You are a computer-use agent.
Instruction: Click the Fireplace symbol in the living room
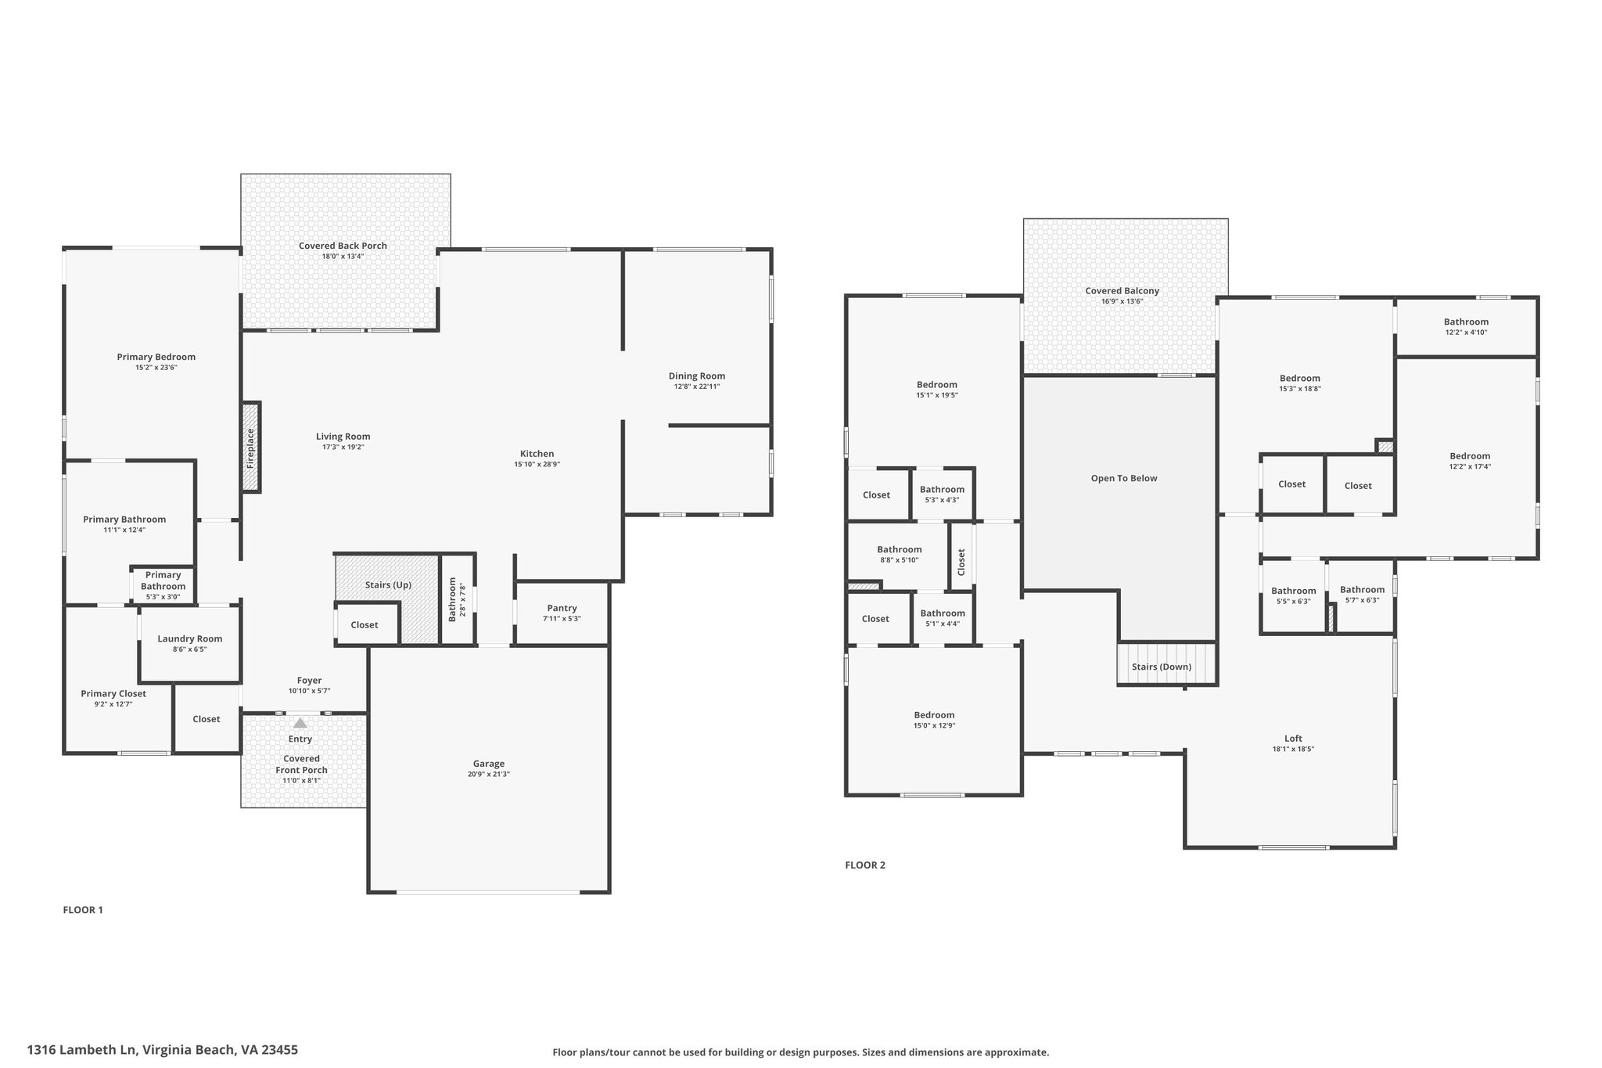[250, 448]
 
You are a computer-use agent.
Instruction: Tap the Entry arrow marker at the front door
[300, 723]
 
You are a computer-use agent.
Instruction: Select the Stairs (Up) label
[388, 585]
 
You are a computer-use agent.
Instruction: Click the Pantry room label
[562, 608]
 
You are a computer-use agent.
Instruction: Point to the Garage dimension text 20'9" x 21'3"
[489, 775]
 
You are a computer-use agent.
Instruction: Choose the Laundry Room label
[190, 638]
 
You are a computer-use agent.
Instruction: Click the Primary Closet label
[113, 693]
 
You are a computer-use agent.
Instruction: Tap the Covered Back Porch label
[343, 246]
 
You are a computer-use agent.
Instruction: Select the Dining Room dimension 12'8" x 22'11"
[697, 387]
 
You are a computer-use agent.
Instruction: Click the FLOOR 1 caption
[83, 910]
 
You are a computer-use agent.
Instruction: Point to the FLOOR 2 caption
[865, 865]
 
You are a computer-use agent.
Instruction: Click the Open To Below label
[1124, 478]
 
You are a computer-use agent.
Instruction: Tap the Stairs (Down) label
[1162, 667]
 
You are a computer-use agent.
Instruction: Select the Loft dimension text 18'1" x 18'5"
[1293, 749]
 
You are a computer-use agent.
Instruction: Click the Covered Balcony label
[1122, 291]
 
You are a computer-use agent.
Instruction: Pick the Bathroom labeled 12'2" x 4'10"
[1466, 322]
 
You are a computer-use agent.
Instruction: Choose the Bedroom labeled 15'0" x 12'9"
[934, 715]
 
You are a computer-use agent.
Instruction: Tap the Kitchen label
[537, 454]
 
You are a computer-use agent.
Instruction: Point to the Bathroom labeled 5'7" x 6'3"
[1362, 590]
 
